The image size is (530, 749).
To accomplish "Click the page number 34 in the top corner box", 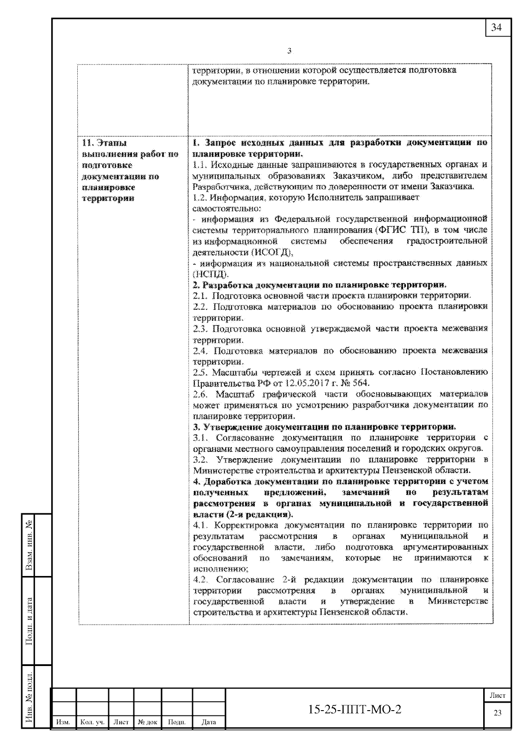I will pyautogui.click(x=496, y=27).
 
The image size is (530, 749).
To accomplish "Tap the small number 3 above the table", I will pyautogui.click(x=289, y=51).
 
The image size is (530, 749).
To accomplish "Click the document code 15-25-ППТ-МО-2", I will pyautogui.click(x=355, y=709).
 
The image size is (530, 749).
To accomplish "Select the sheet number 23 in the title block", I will pyautogui.click(x=498, y=713).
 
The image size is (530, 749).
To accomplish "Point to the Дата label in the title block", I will pyautogui.click(x=208, y=722).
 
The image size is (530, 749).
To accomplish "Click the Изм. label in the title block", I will pyautogui.click(x=64, y=722).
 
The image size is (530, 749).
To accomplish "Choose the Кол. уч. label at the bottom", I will pyautogui.click(x=92, y=722).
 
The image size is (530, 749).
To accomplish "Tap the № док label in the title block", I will pyautogui.click(x=148, y=722).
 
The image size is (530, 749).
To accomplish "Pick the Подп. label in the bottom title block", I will pyautogui.click(x=177, y=722).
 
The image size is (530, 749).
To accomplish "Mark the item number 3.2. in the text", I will pyautogui.click(x=201, y=459).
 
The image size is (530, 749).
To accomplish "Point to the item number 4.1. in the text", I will pyautogui.click(x=201, y=525).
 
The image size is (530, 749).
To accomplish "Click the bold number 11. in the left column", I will pyautogui.click(x=88, y=143).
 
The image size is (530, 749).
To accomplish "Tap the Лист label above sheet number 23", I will pyautogui.click(x=498, y=695).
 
